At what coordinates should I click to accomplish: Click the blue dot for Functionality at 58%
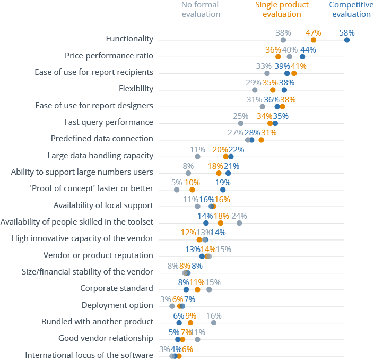347,40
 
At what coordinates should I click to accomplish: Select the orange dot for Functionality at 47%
314,40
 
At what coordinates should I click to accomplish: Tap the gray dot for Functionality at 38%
283,40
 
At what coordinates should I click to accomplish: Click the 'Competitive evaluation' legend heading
351,10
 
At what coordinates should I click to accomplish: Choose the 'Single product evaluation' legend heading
282,10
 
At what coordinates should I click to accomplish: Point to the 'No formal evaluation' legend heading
201,10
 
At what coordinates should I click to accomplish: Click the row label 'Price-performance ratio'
109,56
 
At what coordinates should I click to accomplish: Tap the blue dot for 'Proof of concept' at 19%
223,190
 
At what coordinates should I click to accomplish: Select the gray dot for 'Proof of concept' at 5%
177,190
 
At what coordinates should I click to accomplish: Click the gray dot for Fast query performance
241,123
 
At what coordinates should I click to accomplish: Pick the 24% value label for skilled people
239,216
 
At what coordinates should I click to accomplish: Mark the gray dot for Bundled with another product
214,323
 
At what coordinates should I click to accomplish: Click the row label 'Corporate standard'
117,288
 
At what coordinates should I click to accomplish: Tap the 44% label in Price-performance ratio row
308,50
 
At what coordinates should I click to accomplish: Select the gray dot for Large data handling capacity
197,157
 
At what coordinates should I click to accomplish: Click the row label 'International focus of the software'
89,355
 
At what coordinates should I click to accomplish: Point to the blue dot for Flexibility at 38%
284,90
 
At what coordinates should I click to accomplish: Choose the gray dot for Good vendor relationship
197,339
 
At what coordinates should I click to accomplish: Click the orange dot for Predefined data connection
261,140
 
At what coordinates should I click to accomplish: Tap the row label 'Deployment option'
117,305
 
